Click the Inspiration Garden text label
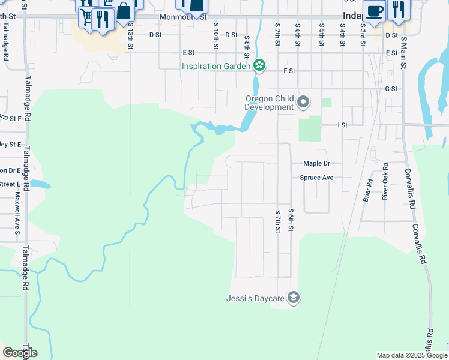pos(216,65)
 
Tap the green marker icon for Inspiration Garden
pos(259,65)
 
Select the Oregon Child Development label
pos(269,103)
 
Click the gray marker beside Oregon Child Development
pos(303,103)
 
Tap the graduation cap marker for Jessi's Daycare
pos(294,297)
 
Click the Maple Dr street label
pos(316,163)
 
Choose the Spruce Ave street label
pos(316,178)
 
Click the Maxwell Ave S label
pos(17,213)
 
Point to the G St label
pos(391,88)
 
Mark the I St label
pos(342,125)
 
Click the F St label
pos(289,71)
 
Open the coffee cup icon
pos(375,11)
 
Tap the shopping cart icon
pos(86,16)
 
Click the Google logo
pos(20,353)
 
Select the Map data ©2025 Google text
pos(411,355)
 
